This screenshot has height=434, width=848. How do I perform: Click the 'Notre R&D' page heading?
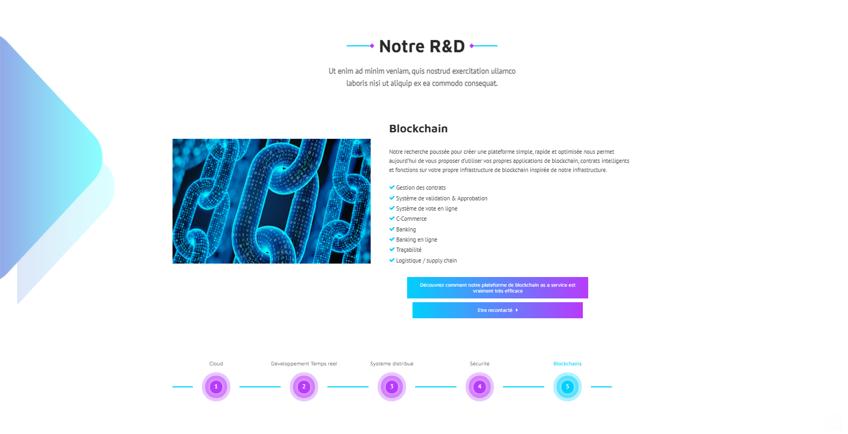[422, 46]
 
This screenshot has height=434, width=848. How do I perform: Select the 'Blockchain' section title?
[418, 129]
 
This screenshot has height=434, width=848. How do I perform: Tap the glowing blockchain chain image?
[272, 201]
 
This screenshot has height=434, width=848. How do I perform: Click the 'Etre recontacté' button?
[498, 310]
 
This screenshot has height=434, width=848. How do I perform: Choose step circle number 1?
[216, 387]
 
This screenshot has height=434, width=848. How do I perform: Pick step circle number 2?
[304, 387]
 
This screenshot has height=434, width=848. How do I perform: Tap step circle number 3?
[392, 387]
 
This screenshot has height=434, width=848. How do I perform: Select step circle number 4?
[479, 387]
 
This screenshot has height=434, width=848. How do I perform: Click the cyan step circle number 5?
[567, 387]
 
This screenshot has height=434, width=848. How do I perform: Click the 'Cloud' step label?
[216, 364]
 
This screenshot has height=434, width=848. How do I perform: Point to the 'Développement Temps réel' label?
[304, 364]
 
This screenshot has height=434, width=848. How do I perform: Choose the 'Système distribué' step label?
[392, 364]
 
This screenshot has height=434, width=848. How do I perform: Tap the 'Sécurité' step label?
[479, 364]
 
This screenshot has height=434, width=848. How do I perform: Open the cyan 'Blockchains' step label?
[567, 364]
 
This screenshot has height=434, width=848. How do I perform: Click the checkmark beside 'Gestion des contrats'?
[392, 187]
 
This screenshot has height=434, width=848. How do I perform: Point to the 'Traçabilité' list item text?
[409, 250]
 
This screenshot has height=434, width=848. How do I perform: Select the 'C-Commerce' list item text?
[411, 219]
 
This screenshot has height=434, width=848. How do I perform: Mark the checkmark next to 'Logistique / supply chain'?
[392, 260]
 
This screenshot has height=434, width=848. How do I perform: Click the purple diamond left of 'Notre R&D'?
[372, 46]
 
